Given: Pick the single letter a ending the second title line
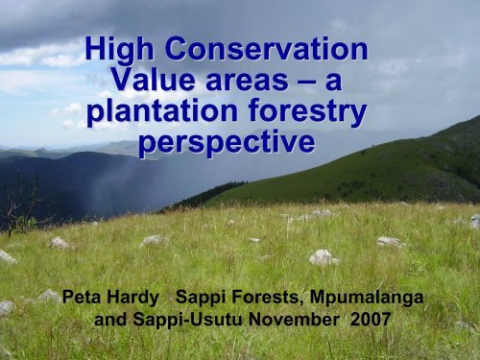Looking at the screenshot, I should click(x=334, y=84).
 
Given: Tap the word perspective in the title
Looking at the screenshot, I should click(x=225, y=145).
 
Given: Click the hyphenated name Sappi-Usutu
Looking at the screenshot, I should click(x=196, y=320).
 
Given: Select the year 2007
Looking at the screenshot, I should click(x=368, y=320).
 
